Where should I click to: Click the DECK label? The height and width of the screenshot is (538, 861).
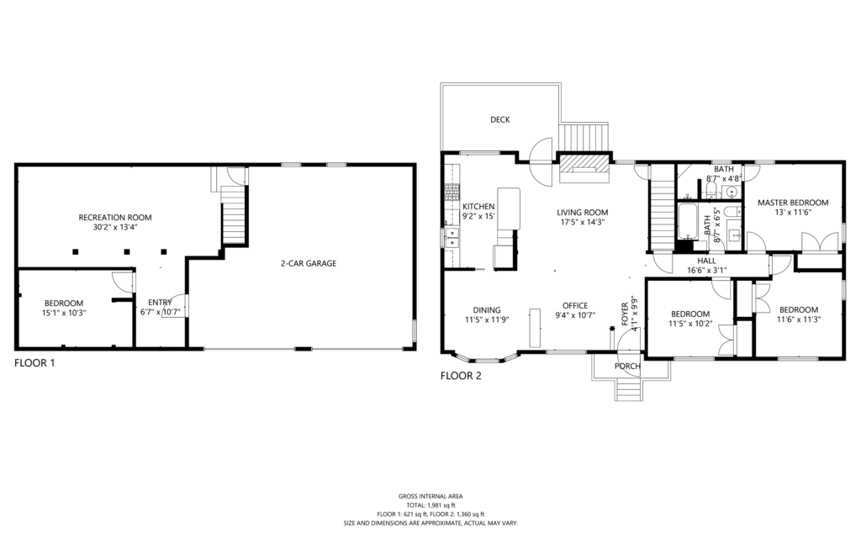pos(499,119)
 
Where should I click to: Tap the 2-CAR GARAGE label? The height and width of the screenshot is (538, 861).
pos(309,263)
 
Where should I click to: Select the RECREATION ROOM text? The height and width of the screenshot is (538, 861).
pos(114,218)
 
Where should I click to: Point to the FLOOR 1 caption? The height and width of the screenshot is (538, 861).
pos(34,363)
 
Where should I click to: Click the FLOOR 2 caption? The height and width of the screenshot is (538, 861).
pos(462,376)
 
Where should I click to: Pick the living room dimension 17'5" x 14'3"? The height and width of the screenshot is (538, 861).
pos(582,222)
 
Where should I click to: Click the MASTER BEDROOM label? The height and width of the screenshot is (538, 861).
pos(793,203)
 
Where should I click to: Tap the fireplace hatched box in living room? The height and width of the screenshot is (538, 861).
pos(584,163)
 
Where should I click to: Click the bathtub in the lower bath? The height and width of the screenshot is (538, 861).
pos(687,221)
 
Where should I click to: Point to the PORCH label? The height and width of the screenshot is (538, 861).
pos(627,367)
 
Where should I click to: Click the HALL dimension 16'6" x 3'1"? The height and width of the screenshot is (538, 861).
pos(706,270)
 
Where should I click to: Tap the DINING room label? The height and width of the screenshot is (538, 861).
pos(487,310)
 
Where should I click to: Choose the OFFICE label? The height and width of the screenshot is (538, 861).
pos(575,306)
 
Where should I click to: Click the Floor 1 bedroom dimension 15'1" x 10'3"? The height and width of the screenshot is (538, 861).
pos(64,313)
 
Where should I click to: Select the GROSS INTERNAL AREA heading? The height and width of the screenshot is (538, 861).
pos(430,496)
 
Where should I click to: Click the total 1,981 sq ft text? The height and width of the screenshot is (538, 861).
pos(430,505)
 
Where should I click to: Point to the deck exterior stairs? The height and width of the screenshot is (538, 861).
pos(584,137)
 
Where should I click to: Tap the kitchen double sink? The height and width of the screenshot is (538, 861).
pos(452,237)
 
